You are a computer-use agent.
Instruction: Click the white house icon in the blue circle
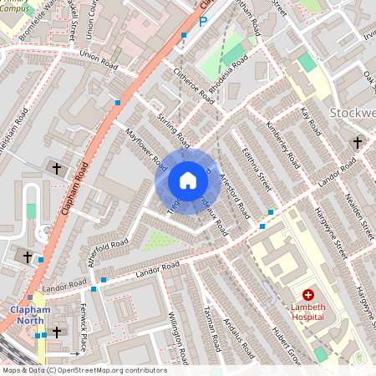(188, 180)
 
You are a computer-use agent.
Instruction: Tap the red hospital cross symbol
(308, 295)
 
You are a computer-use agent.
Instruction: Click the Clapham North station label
(30, 315)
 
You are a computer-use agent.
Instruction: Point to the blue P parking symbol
(201, 23)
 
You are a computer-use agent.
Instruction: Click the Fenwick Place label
(84, 327)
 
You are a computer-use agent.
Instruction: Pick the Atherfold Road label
(109, 250)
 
